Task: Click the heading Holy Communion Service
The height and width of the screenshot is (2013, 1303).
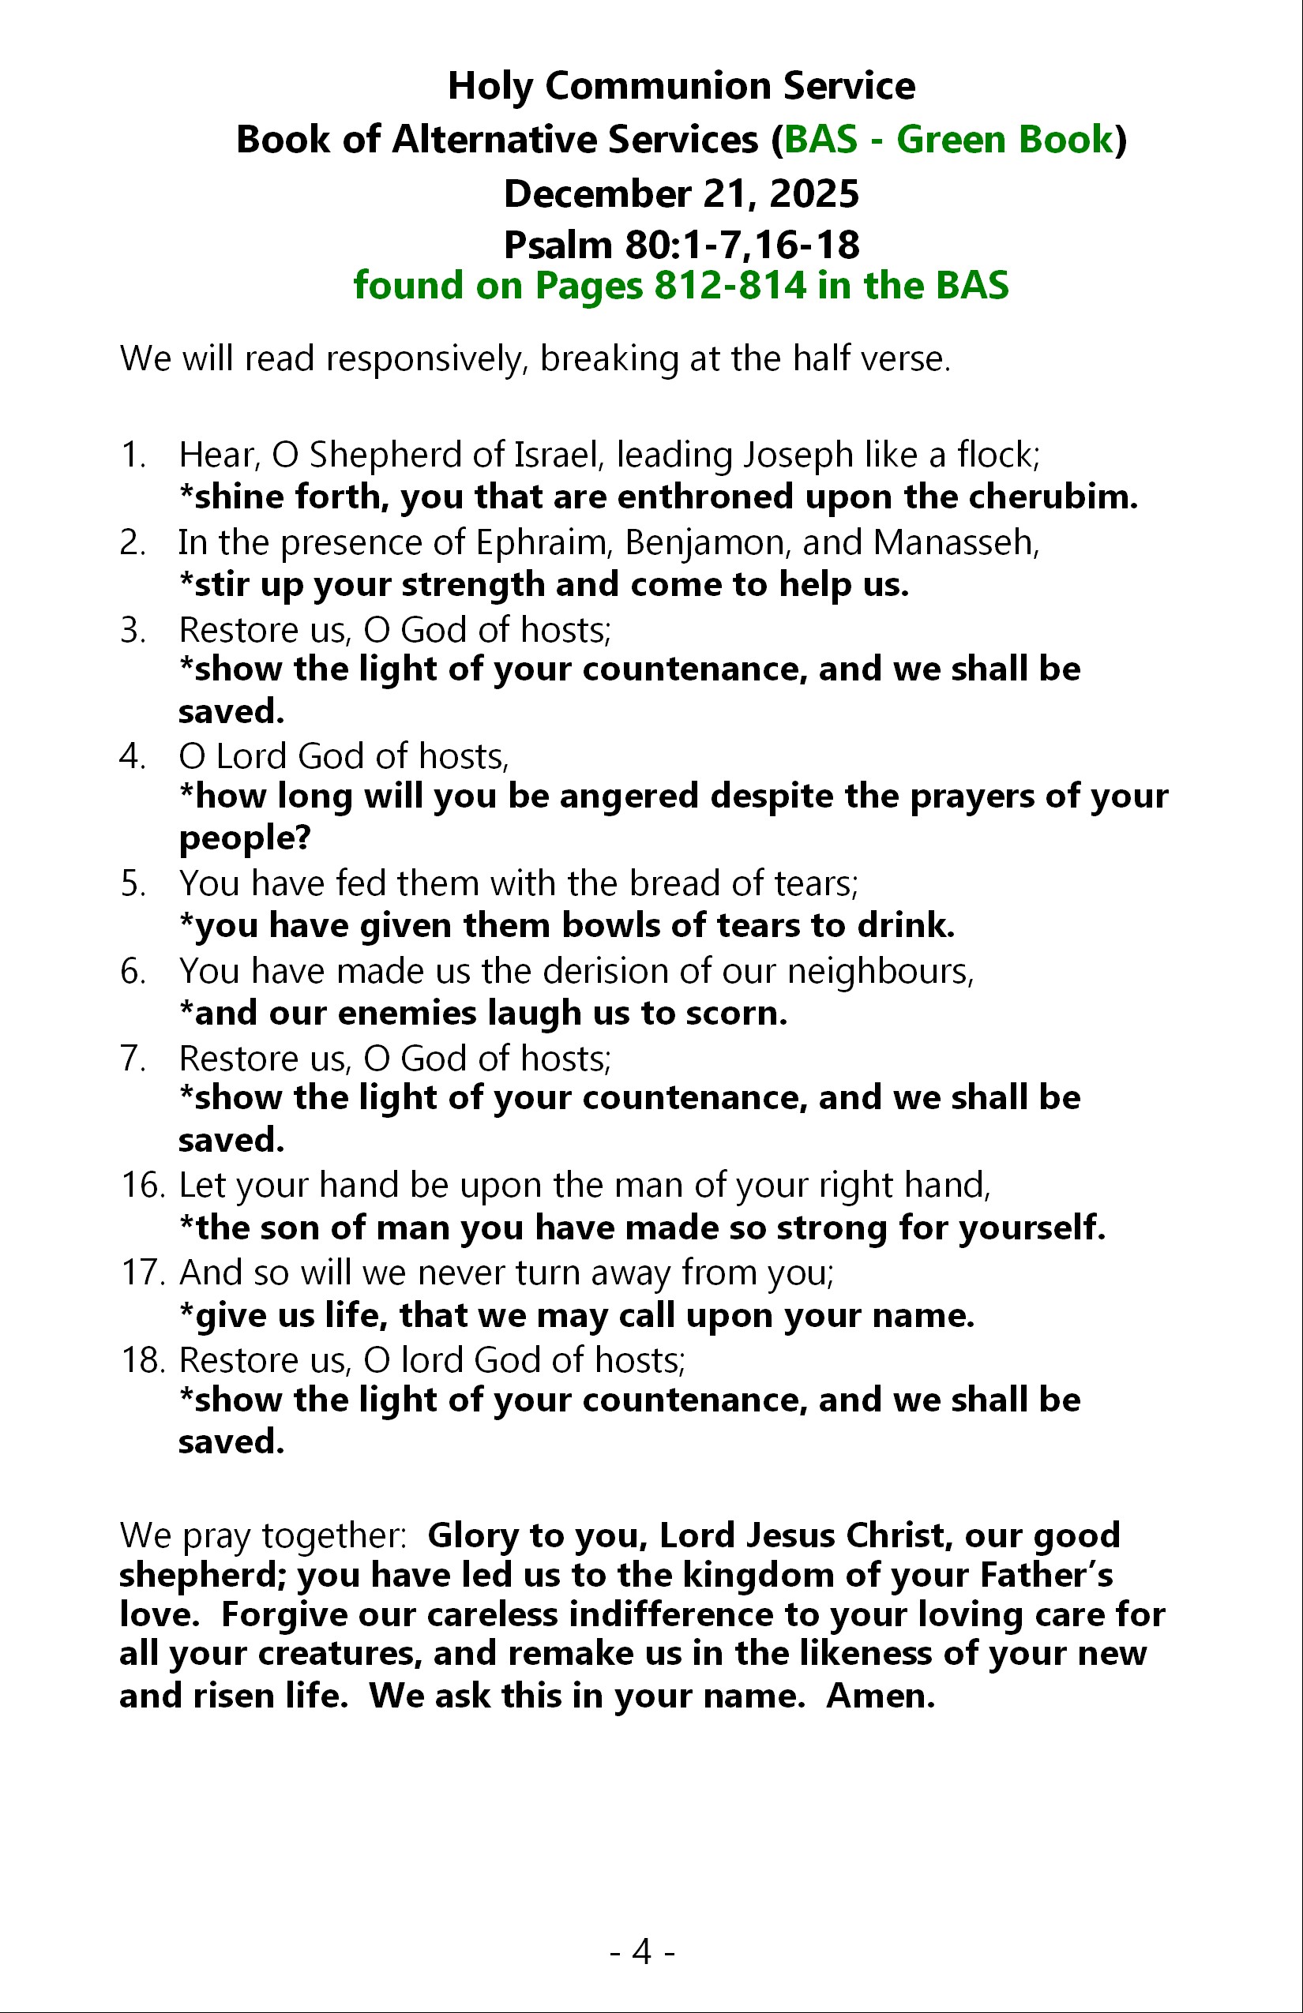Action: click(681, 86)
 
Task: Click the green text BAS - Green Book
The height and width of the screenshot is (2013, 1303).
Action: click(948, 140)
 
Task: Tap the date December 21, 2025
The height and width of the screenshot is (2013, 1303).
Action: click(681, 193)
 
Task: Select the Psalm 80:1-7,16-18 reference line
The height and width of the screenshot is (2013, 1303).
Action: click(681, 246)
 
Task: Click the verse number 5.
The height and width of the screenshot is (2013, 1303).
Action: click(132, 884)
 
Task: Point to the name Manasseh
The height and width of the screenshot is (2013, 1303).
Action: click(956, 542)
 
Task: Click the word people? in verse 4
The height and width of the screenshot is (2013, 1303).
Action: click(246, 838)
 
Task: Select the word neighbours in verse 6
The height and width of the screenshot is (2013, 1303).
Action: click(880, 971)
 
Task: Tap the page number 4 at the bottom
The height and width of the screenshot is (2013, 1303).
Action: click(642, 1952)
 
